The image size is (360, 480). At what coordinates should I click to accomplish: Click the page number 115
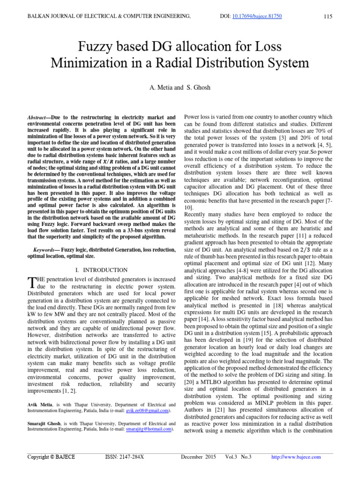(328, 17)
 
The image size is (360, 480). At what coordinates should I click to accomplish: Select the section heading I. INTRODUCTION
(101, 270)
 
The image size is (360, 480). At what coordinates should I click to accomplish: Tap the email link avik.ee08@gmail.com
(145, 411)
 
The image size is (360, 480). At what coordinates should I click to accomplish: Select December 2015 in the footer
(198, 457)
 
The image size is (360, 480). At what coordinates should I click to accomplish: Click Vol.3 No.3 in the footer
(238, 457)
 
